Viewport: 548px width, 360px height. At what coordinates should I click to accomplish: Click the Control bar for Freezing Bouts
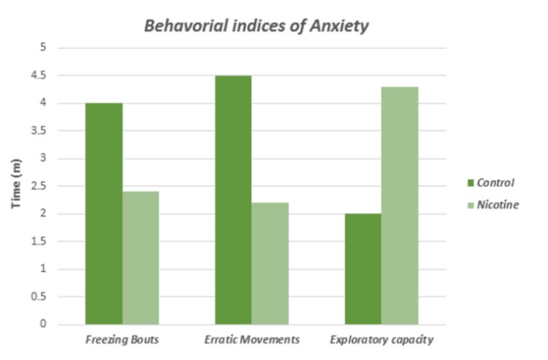104,214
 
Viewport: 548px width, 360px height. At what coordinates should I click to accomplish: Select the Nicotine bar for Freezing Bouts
141,258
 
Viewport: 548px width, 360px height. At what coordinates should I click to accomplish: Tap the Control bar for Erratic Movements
234,200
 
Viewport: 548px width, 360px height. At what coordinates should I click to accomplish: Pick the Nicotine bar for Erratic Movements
270,263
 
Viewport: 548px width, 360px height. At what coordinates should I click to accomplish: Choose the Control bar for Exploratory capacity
363,269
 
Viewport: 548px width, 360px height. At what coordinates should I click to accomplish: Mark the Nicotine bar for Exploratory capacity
400,206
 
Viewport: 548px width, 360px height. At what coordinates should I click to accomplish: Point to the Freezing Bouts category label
122,339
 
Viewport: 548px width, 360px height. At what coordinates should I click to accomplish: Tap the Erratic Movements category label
252,339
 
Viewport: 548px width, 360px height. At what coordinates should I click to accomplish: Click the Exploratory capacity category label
382,339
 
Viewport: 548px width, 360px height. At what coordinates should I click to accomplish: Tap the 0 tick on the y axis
43,325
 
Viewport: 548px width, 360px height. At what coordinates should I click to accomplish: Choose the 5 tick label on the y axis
43,48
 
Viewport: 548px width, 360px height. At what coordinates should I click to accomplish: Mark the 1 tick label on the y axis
43,269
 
